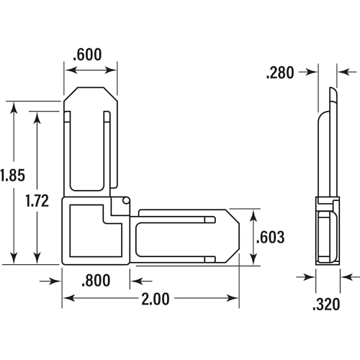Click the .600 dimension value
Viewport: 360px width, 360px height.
87,55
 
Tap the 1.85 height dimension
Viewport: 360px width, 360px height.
12,175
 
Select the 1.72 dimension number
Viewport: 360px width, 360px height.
37,201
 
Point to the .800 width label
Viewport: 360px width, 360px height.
96,280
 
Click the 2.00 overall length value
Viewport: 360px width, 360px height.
156,299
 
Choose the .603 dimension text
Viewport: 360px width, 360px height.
271,237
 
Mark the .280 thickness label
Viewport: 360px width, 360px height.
280,73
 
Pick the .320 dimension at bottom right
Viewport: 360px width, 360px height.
326,305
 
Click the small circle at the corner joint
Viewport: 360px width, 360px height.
125,201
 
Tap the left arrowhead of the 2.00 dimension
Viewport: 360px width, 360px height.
69,298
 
